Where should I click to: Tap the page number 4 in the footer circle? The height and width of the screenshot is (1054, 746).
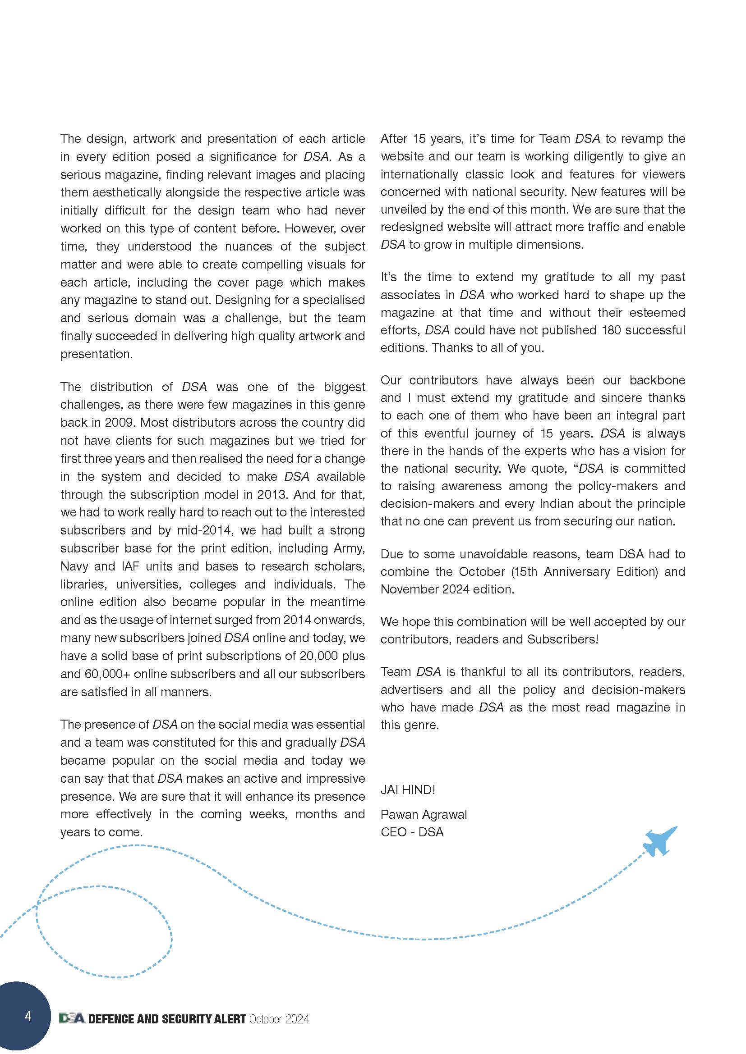pyautogui.click(x=28, y=1016)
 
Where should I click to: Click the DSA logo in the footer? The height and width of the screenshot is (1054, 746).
pyautogui.click(x=72, y=1019)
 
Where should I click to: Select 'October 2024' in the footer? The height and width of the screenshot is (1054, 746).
pyautogui.click(x=279, y=1019)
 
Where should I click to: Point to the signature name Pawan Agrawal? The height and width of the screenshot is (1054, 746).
pyautogui.click(x=424, y=814)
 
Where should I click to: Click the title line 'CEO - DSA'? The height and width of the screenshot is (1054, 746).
pyautogui.click(x=412, y=832)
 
